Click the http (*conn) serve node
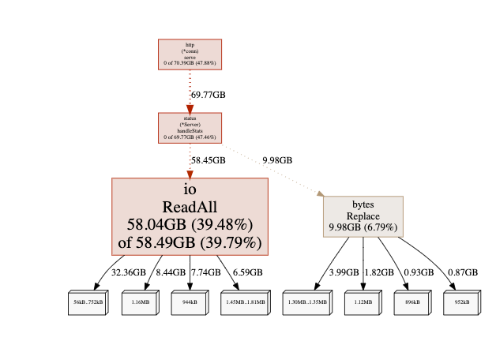190,54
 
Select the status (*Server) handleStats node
190,128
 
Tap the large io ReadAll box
190,216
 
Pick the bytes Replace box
363,216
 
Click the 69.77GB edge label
209,95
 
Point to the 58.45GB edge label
209,159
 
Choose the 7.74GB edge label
206,272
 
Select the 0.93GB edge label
419,272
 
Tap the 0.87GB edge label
462,272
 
